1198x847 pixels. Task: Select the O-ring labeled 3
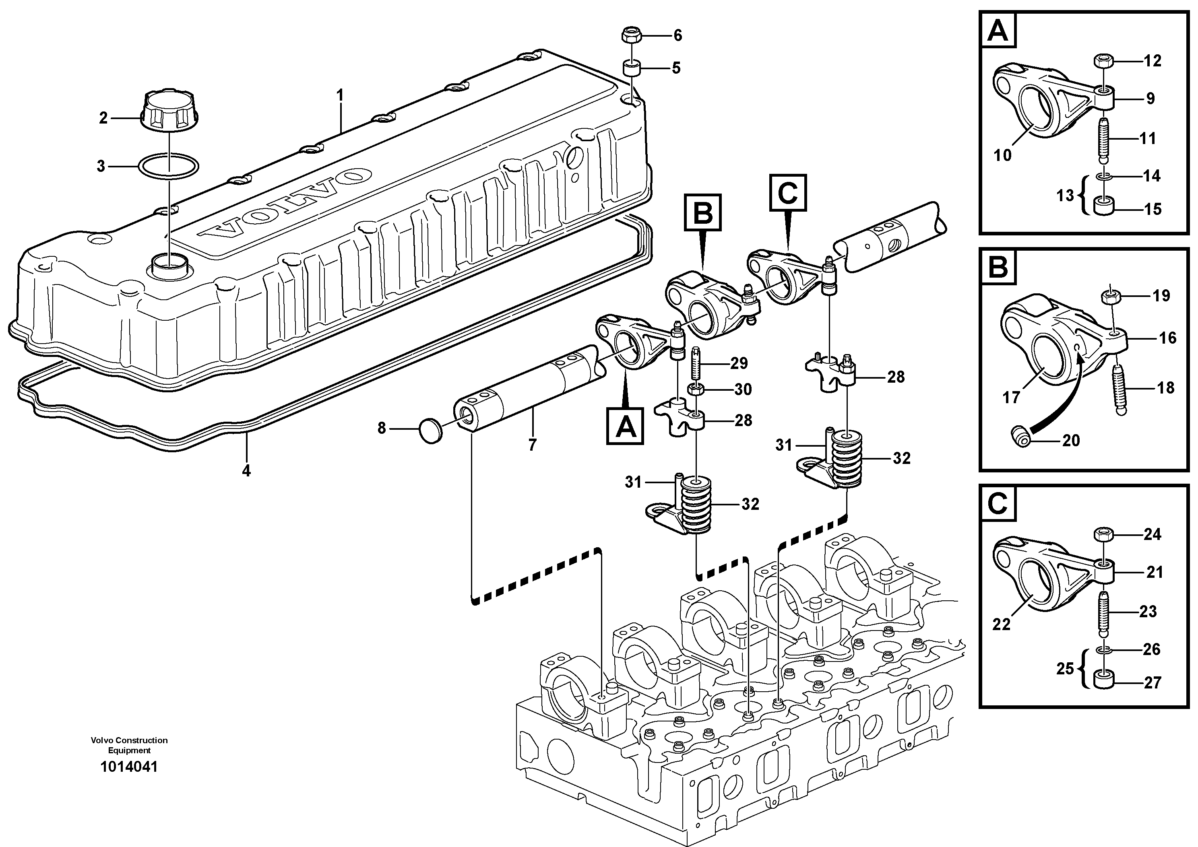[x=169, y=166]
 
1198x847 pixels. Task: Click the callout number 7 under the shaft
[x=532, y=445]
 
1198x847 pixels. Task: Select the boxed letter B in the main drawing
[x=702, y=213]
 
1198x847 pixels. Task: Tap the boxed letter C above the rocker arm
[x=788, y=193]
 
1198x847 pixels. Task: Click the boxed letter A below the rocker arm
[x=625, y=426]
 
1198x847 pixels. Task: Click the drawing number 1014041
[x=129, y=766]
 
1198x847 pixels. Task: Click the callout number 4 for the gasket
[x=246, y=470]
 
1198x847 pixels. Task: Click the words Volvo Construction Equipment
[x=129, y=745]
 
